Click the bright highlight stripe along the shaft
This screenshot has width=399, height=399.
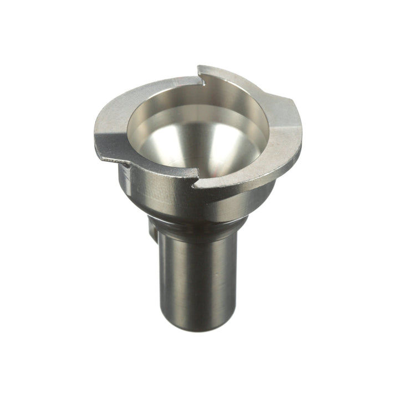[x=176, y=277]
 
